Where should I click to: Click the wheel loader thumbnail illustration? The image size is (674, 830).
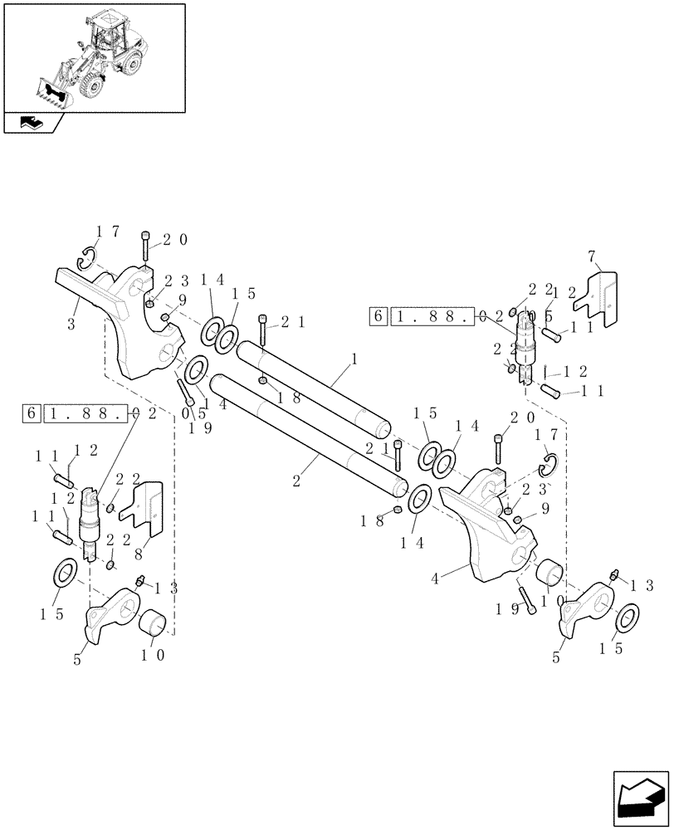pos(93,56)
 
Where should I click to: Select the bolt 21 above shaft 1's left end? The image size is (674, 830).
pos(264,332)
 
